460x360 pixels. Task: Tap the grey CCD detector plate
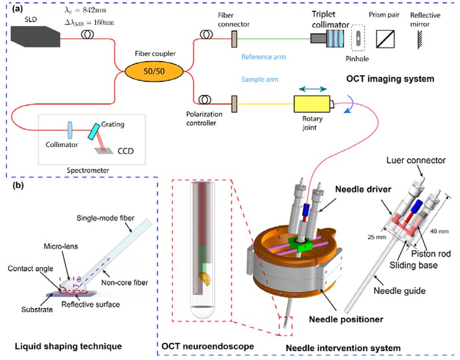[102, 149]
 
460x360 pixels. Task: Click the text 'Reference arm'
[263, 57]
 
